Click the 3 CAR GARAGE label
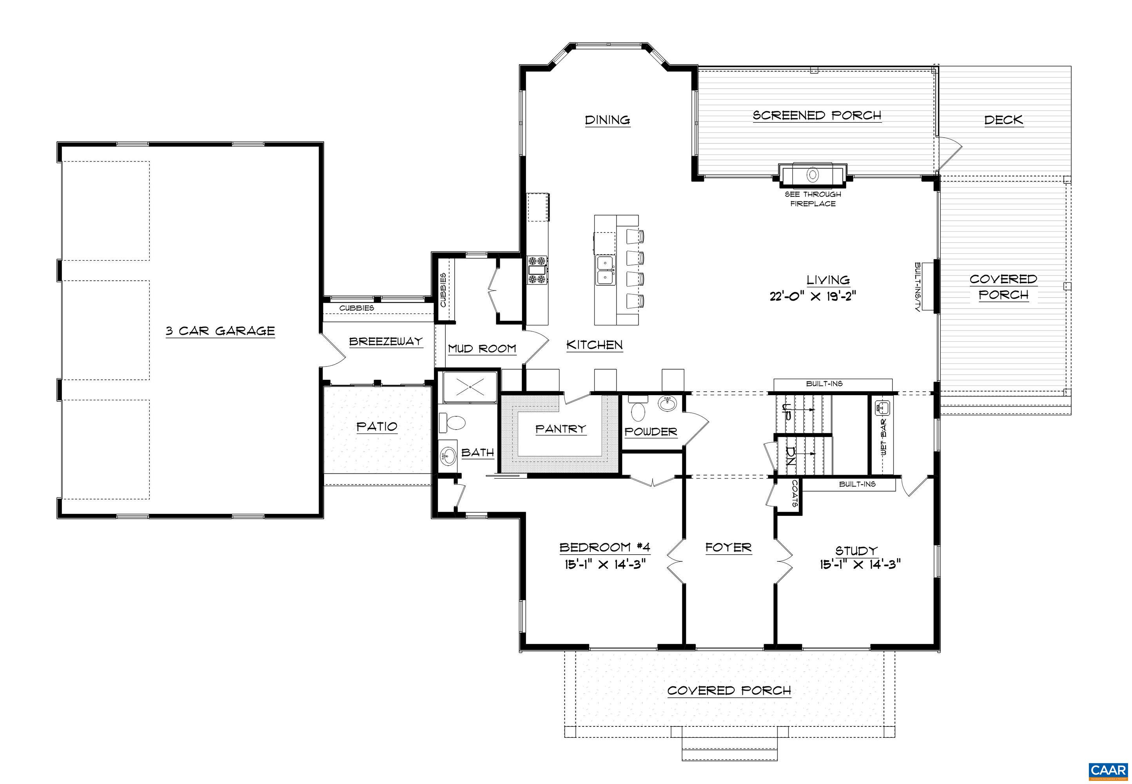[x=220, y=331]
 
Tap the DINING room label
[x=608, y=120]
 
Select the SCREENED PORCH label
[x=817, y=115]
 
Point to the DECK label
[x=1004, y=120]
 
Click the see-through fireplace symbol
[x=813, y=174]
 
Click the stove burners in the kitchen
[x=537, y=270]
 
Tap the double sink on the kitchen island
[x=606, y=270]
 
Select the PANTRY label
[x=561, y=429]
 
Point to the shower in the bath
[x=470, y=387]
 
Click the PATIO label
[x=377, y=426]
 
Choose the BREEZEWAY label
[x=386, y=341]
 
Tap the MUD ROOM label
[x=482, y=349]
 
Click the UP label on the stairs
[x=786, y=412]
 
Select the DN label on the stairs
[x=790, y=456]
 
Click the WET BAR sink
[x=883, y=407]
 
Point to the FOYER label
[x=728, y=547]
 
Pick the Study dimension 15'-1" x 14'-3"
[x=860, y=564]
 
